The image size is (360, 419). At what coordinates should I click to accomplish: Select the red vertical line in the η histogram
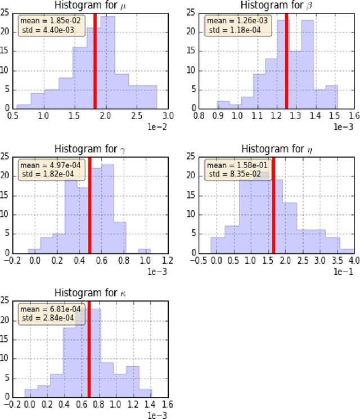[x=273, y=205]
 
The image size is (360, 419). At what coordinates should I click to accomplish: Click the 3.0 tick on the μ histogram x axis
[x=167, y=115]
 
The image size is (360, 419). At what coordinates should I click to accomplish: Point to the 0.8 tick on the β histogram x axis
[x=199, y=115]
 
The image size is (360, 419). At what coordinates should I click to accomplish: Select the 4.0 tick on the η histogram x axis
[x=354, y=259]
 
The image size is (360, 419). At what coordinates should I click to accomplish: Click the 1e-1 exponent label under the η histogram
[x=346, y=271]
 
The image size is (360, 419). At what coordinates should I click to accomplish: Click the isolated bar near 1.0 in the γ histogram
[x=144, y=250]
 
